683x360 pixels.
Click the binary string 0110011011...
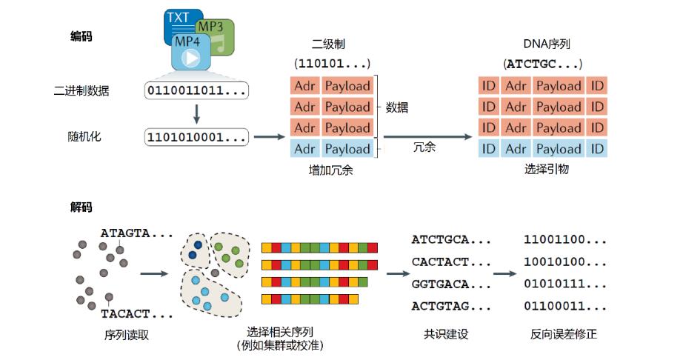click(x=196, y=91)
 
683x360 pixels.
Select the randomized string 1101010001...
click(x=196, y=137)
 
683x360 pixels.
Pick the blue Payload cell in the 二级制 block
click(x=347, y=149)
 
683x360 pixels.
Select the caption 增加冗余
click(x=331, y=170)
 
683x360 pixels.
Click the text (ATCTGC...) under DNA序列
click(x=542, y=64)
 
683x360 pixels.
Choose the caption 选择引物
click(x=544, y=170)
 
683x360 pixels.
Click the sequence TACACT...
click(x=137, y=313)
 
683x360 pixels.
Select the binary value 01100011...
click(x=564, y=305)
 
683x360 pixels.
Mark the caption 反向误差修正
click(x=564, y=334)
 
